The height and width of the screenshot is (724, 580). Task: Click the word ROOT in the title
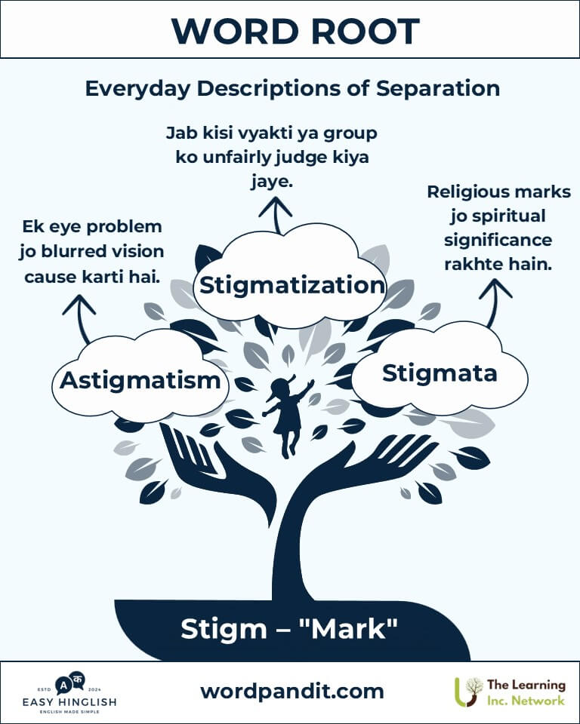(x=365, y=32)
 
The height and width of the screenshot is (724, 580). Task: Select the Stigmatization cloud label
(x=292, y=285)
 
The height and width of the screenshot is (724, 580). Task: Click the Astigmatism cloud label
(x=140, y=381)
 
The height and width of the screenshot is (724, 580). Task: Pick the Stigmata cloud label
(x=440, y=373)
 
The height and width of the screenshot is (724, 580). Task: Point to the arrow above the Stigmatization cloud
(x=276, y=215)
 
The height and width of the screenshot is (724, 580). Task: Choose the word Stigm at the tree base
(x=224, y=629)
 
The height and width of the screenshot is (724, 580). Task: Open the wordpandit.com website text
(x=292, y=692)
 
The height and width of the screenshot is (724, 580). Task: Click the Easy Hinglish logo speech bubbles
(x=70, y=683)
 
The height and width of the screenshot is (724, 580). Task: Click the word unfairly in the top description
(x=237, y=158)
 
